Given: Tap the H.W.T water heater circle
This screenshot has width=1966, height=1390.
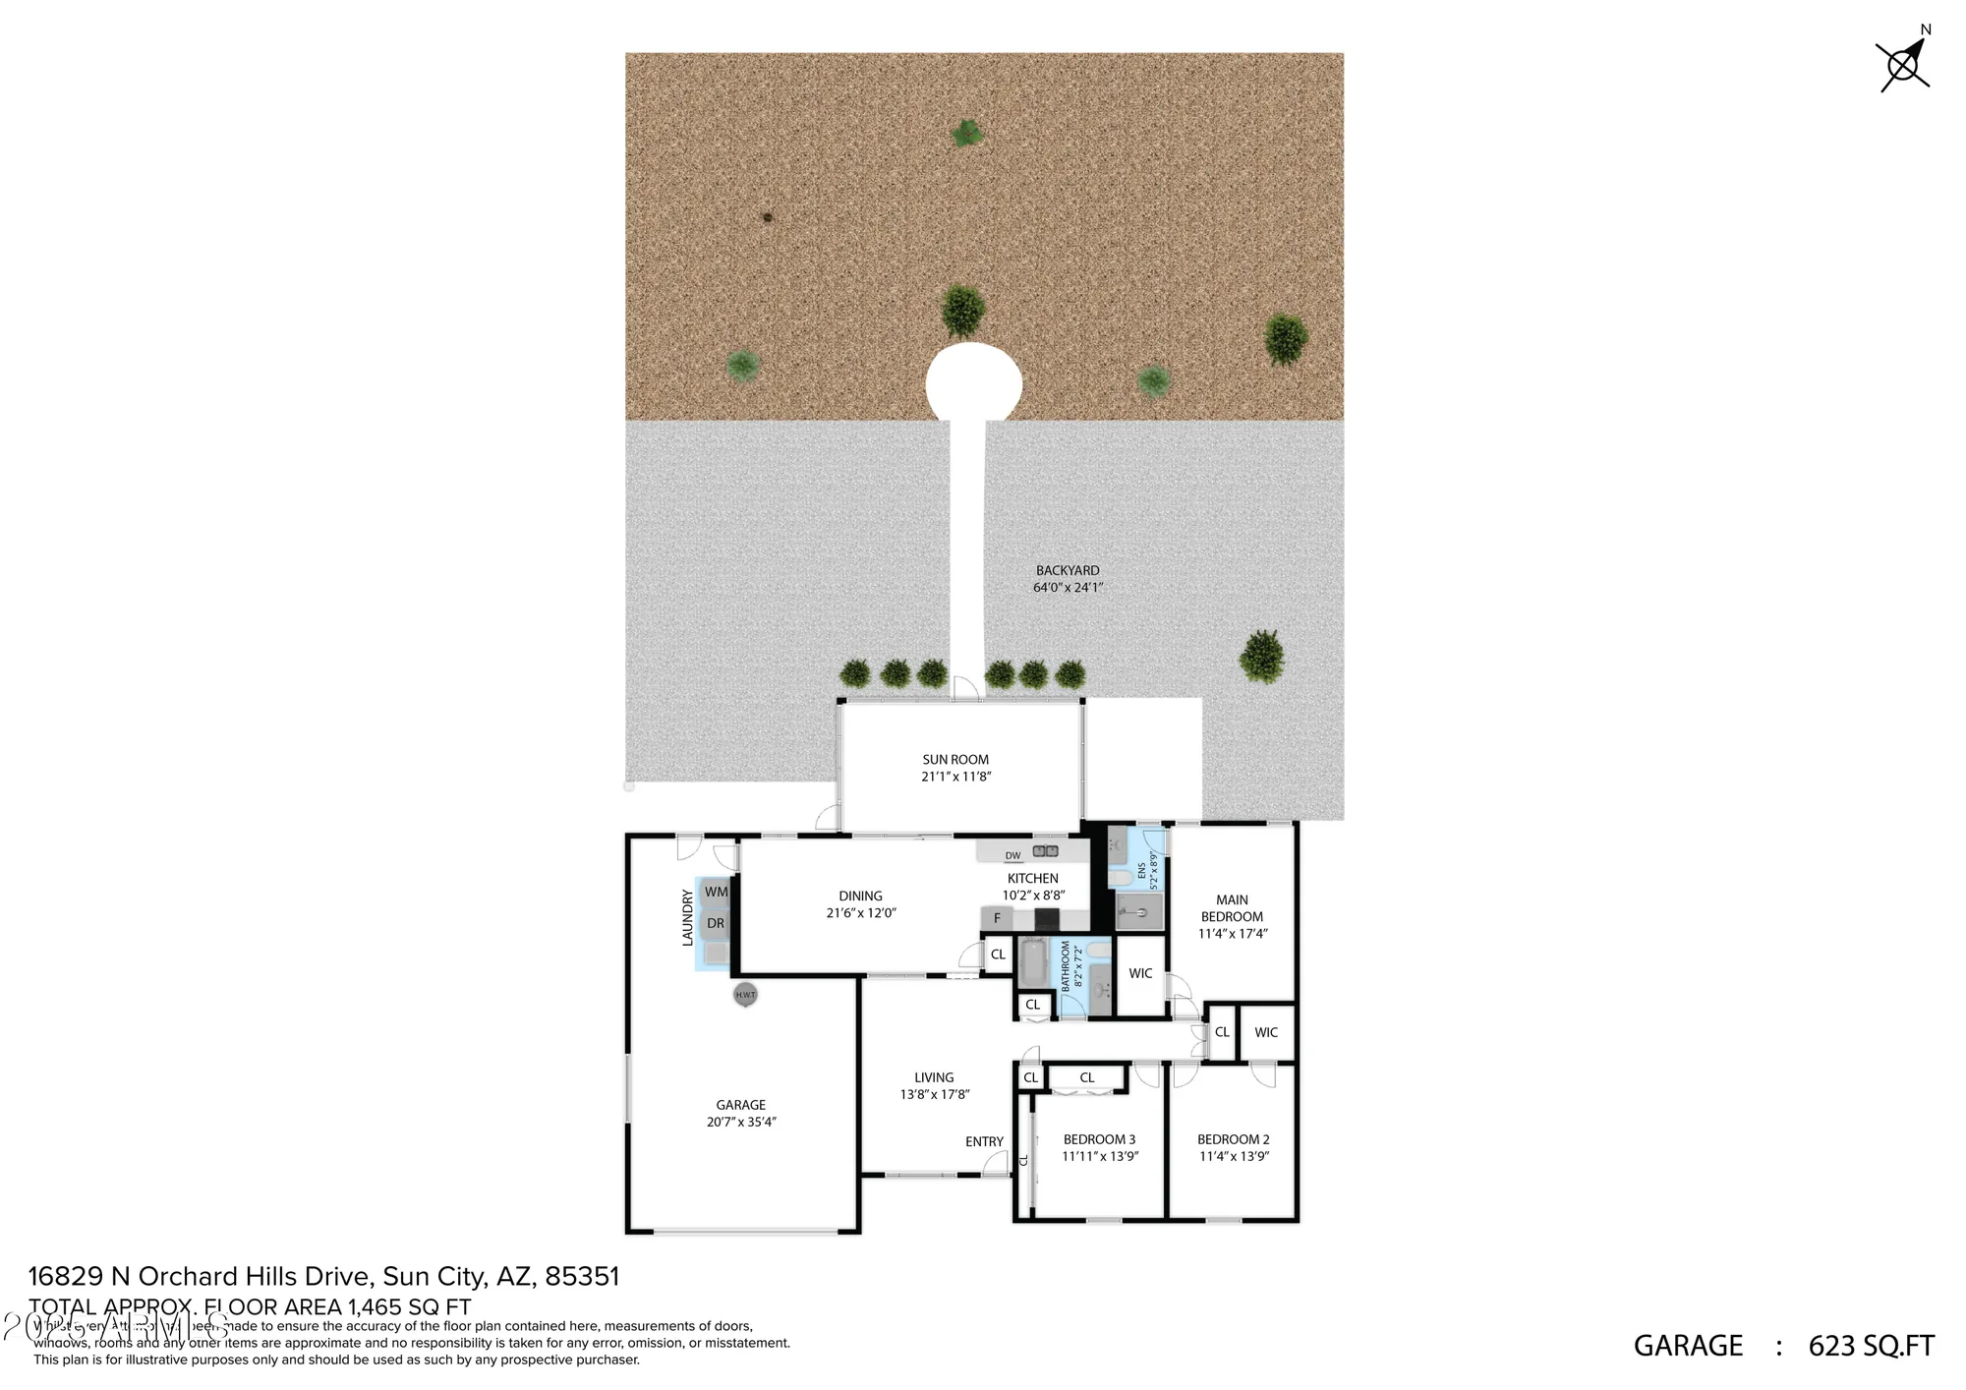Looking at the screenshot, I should click(745, 995).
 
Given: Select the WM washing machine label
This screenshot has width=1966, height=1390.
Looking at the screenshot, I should click(716, 893).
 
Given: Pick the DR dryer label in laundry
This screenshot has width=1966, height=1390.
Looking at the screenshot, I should click(716, 924).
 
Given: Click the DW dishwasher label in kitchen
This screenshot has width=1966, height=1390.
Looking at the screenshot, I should click(1012, 855).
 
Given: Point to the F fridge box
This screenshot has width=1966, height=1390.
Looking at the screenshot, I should click(997, 919).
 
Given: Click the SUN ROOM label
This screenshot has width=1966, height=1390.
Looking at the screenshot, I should click(955, 760).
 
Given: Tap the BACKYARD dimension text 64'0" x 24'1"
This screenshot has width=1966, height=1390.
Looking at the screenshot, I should click(1068, 588).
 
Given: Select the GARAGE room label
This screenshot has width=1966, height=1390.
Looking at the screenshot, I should click(740, 1105).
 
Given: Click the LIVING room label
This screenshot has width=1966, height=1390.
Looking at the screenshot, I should click(934, 1077).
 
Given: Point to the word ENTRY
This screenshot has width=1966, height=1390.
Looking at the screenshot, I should click(984, 1142).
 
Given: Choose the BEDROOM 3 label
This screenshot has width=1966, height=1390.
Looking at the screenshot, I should click(1099, 1140).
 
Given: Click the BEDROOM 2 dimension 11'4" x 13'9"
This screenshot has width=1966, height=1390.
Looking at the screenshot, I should click(1234, 1157).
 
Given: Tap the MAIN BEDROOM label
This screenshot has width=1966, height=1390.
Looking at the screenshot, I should click(1232, 908).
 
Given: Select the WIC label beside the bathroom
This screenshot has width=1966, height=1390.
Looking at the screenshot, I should click(1140, 974).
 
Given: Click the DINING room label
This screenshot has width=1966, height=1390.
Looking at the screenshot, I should click(860, 897).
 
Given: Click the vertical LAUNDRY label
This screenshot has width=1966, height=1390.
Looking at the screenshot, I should click(688, 918).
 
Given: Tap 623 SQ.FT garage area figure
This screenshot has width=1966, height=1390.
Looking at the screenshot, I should click(1871, 1346).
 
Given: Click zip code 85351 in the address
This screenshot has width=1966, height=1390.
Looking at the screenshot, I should click(582, 1277).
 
